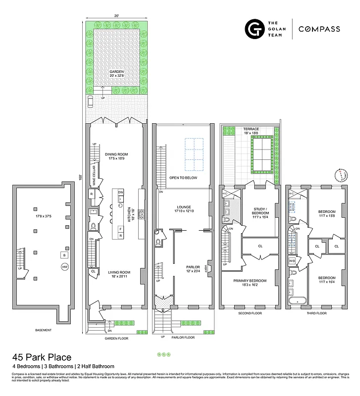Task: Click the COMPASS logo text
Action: [319, 29]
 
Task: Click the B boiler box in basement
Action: [63, 255]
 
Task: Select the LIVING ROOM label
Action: [117, 272]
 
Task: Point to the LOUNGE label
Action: [184, 207]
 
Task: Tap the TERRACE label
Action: [251, 129]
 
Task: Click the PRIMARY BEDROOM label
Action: [250, 281]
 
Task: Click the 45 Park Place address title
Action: [42, 357]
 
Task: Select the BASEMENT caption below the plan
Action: [43, 330]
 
